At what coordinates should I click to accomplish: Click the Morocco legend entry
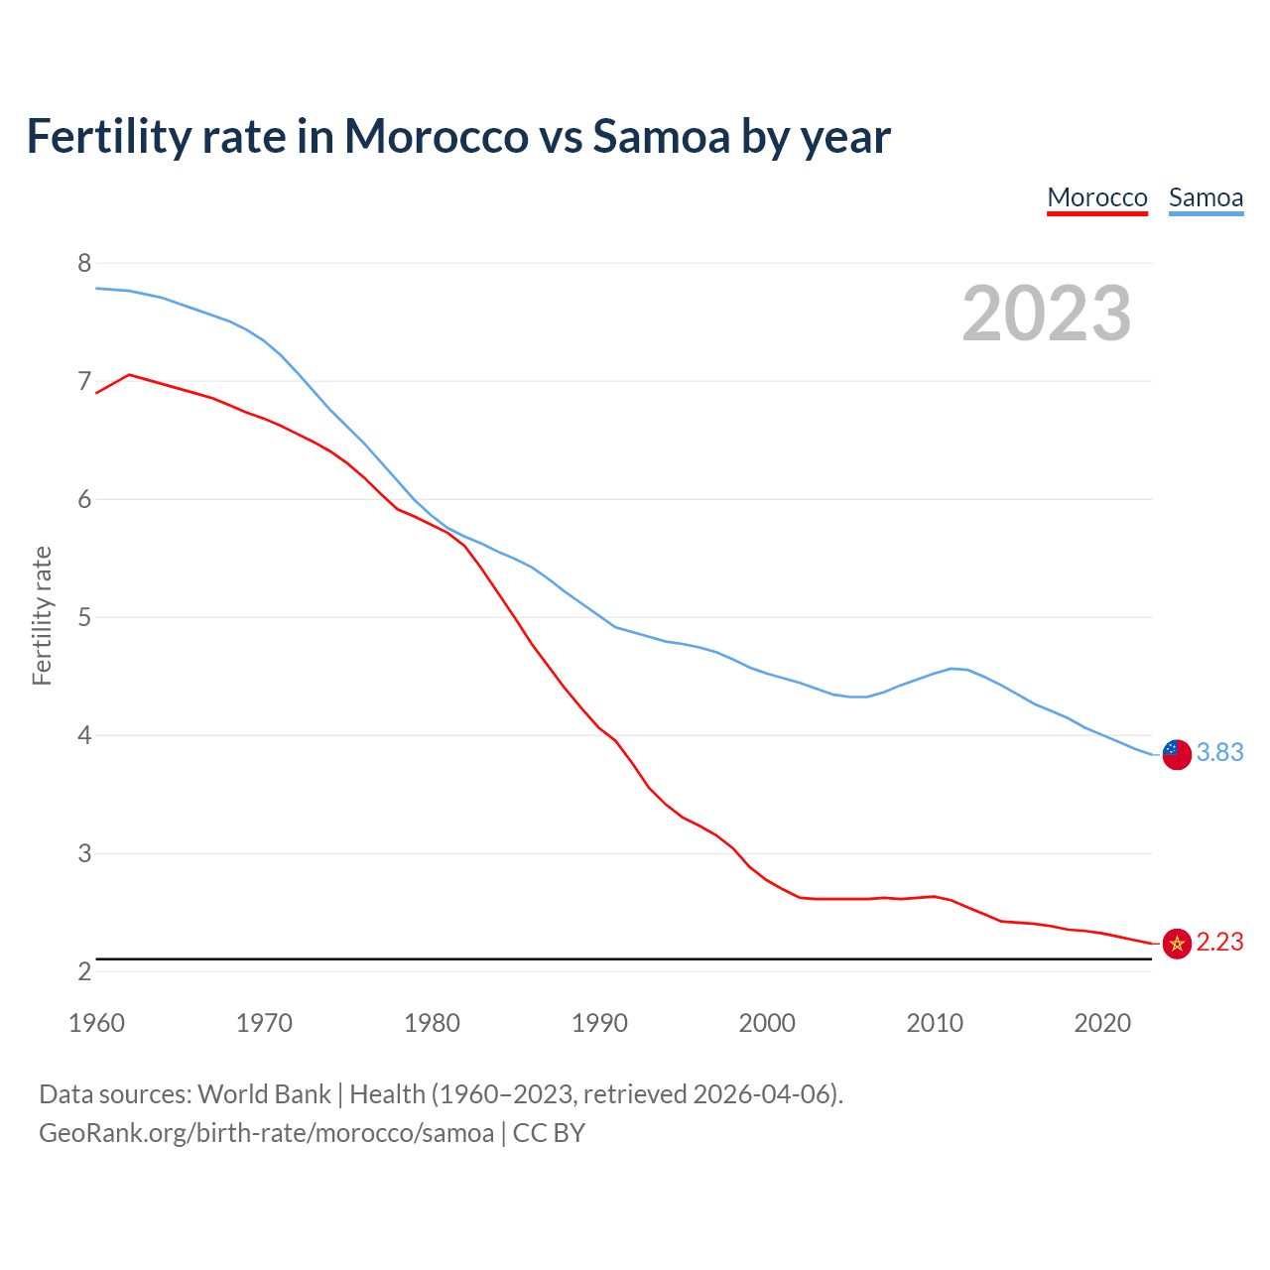tap(1097, 197)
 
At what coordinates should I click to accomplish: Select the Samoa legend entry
tap(1206, 197)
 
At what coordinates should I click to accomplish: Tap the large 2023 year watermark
tap(1047, 314)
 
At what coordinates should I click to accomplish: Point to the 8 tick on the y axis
tap(84, 263)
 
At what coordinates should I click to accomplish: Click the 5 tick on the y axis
tap(84, 617)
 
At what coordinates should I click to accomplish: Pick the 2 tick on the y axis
tap(84, 971)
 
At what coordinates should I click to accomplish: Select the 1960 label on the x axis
tap(96, 1023)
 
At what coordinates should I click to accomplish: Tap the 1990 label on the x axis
tap(599, 1023)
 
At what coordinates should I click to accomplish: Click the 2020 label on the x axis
tap(1102, 1023)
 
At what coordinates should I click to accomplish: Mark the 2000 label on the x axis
tap(767, 1023)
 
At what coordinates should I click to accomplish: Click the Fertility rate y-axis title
tap(42, 615)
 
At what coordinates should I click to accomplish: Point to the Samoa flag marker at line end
tap(1177, 754)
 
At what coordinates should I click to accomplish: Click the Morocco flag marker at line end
tap(1177, 944)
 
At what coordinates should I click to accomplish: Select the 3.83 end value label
tap(1219, 753)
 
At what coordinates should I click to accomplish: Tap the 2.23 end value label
tap(1219, 943)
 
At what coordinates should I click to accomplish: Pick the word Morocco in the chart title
tap(436, 136)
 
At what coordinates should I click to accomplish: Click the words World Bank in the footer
tap(264, 1094)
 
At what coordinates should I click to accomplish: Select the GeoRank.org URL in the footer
tap(266, 1133)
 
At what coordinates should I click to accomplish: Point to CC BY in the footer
tap(549, 1133)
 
